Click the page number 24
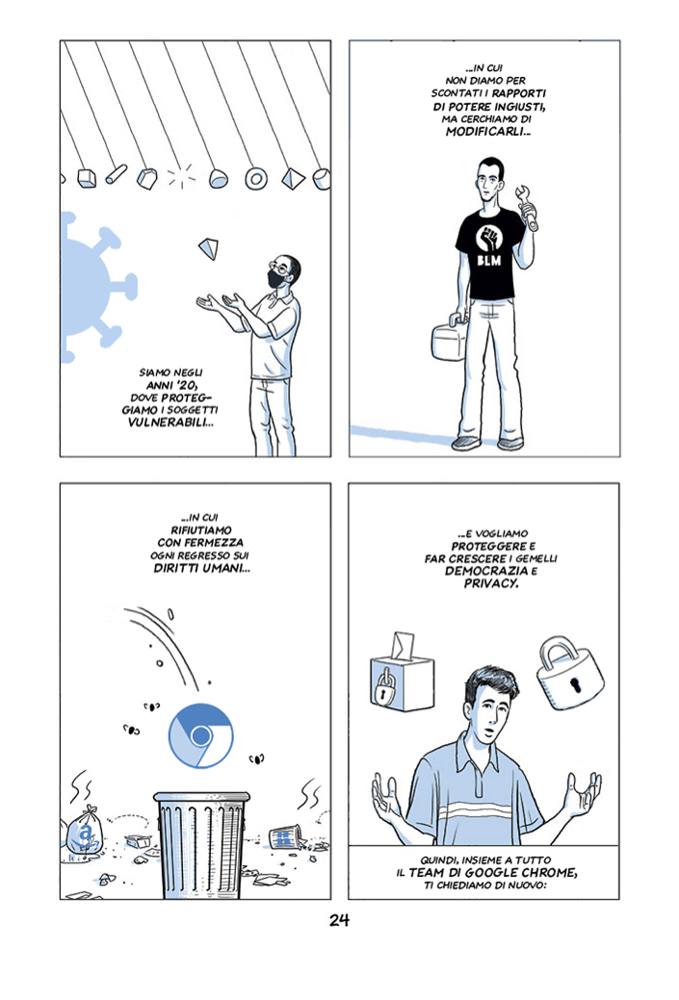click(339, 920)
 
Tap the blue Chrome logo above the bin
click(201, 736)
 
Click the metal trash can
click(201, 844)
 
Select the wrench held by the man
click(527, 207)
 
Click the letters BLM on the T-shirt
click(489, 260)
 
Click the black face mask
click(277, 279)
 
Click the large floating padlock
click(570, 671)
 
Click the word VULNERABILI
click(170, 423)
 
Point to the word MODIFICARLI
click(487, 132)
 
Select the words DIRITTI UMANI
click(201, 568)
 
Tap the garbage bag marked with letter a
click(84, 831)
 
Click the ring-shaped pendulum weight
click(256, 179)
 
